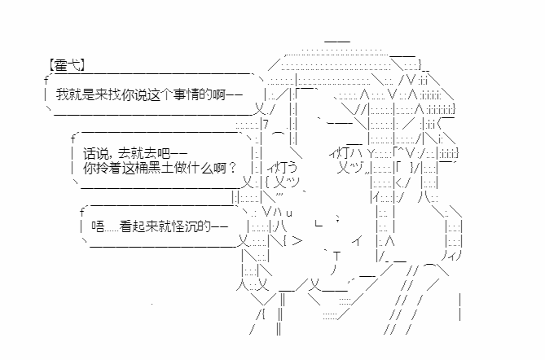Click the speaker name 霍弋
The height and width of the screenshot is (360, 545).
point(67,65)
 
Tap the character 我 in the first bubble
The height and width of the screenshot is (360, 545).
point(62,94)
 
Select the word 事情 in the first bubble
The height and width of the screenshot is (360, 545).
point(187,94)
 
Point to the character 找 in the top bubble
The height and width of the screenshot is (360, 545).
point(114,94)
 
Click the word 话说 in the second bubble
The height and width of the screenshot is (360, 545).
point(95,153)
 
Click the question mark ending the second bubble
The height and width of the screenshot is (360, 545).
point(232,168)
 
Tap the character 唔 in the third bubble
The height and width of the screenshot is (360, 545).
point(98,226)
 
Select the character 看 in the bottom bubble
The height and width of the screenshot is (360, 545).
point(125,226)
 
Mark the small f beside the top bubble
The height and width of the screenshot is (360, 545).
point(46,81)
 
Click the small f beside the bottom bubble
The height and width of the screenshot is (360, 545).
point(82,212)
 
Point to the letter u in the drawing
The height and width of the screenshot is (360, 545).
point(289,213)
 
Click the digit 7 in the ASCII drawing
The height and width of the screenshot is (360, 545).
point(266,124)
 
